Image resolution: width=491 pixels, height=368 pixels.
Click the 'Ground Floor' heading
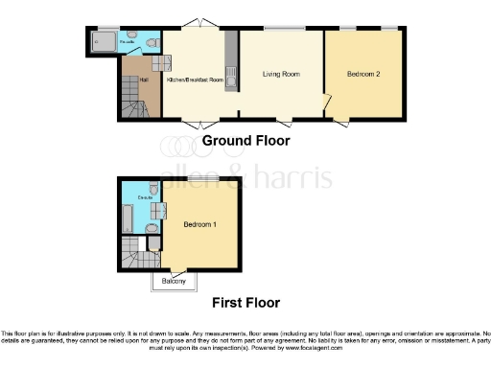(x=245, y=141)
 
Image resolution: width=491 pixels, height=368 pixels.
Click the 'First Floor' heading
(x=245, y=302)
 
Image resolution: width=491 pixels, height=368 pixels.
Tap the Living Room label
(x=282, y=74)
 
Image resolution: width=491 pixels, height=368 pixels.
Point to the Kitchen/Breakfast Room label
(x=195, y=80)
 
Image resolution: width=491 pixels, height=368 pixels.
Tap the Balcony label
(x=174, y=281)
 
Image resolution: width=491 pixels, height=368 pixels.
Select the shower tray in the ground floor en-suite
(x=102, y=41)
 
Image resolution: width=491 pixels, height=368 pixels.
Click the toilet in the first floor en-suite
(x=153, y=191)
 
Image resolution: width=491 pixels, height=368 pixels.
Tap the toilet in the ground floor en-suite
(x=153, y=40)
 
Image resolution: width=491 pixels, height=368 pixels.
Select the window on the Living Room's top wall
(x=280, y=28)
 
